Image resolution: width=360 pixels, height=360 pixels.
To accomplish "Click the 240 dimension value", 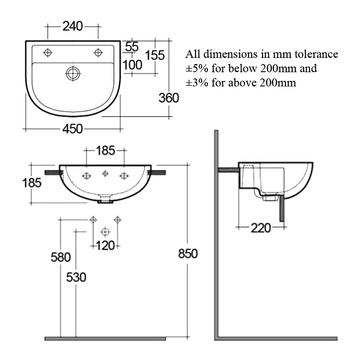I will [72, 27].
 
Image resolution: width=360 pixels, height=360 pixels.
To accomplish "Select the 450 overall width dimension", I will [72, 129].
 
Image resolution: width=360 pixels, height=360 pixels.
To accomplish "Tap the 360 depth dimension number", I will [169, 98].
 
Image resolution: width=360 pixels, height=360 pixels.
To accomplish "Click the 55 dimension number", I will [131, 46].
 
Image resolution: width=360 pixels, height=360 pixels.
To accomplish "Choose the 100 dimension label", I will [132, 65].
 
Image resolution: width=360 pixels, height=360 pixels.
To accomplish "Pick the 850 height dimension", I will [188, 254].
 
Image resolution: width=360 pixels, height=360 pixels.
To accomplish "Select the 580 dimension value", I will [60, 257].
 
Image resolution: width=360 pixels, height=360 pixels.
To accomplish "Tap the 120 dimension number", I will [105, 245].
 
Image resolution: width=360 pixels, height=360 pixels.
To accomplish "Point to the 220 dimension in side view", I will [261, 228].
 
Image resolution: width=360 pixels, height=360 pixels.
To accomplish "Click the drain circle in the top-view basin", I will [72, 73].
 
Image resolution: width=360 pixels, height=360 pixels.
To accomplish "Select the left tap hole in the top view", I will [47, 53].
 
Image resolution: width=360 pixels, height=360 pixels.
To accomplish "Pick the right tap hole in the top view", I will [98, 53].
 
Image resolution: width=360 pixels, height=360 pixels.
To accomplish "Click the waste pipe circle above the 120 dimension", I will [105, 232].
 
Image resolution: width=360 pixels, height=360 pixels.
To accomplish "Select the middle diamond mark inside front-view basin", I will [105, 174].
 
